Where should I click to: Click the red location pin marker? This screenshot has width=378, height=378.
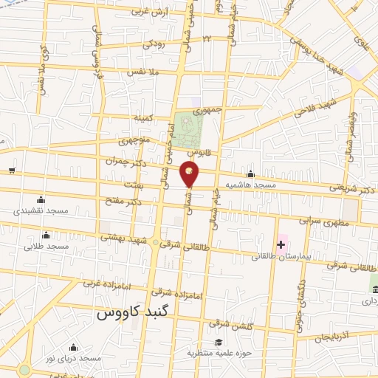click(190, 172)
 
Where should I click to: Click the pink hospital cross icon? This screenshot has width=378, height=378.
click(281, 244)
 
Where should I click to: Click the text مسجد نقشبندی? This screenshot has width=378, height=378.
click(41, 211)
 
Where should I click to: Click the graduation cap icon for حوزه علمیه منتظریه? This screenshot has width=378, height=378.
click(219, 343)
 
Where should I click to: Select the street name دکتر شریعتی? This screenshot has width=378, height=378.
click(355, 188)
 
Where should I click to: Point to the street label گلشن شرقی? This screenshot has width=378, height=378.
click(219, 324)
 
